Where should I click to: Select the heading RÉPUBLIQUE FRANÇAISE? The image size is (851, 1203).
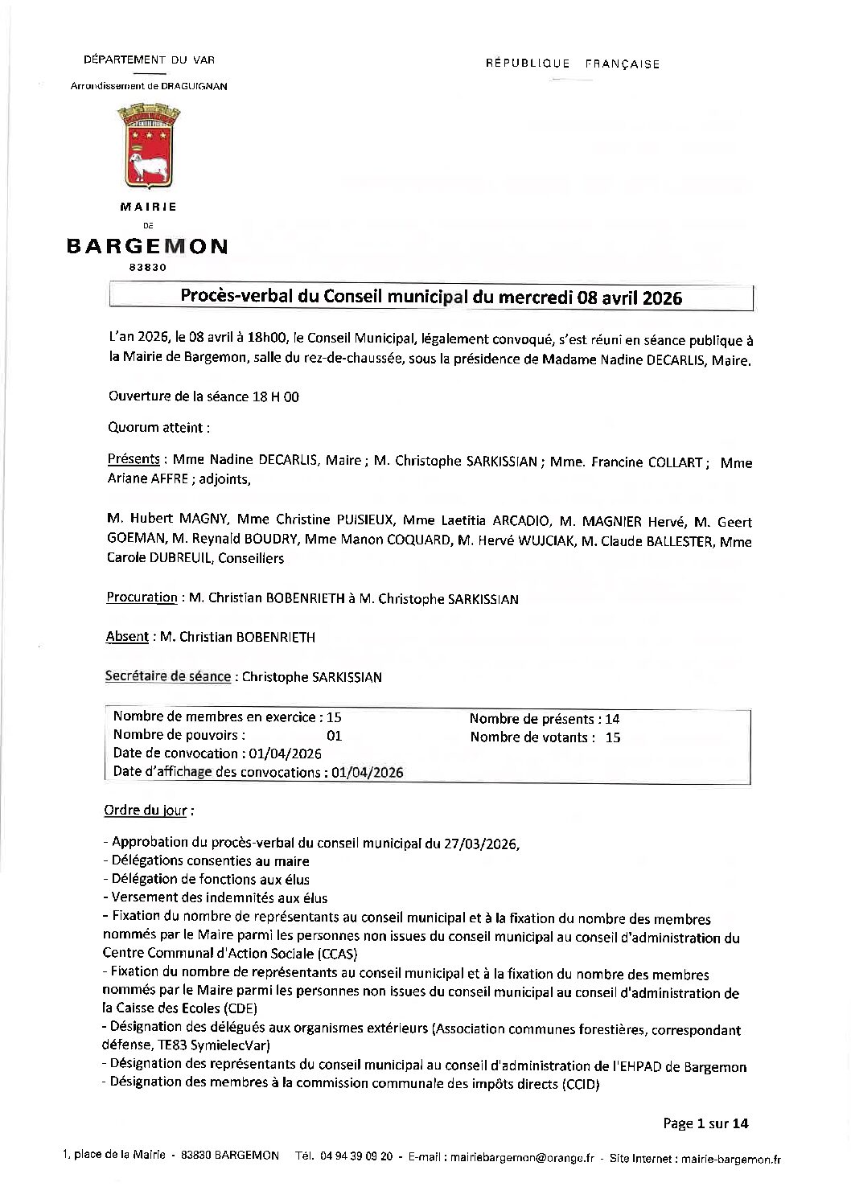(573, 64)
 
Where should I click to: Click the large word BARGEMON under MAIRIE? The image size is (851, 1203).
(147, 247)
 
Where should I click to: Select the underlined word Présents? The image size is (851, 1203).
(134, 459)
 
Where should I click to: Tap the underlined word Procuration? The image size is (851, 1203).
(142, 597)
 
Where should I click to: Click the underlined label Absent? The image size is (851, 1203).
(127, 637)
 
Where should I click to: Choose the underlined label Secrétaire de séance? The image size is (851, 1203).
(168, 676)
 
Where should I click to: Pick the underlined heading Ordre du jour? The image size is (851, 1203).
(148, 811)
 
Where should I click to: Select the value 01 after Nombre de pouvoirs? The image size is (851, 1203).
(335, 736)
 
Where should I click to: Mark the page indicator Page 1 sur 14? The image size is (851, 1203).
(705, 1123)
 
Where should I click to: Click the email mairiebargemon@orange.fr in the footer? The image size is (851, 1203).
(522, 1159)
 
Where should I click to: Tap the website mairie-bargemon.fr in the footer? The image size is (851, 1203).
(730, 1159)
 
